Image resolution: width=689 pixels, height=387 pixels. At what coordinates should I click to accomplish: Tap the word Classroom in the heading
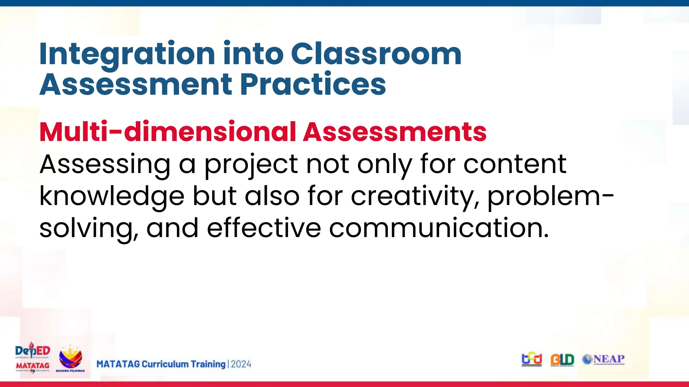point(376,54)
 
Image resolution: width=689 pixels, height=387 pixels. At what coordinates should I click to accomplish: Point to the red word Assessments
point(395,132)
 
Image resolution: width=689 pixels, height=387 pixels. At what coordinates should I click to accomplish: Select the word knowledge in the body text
point(112,197)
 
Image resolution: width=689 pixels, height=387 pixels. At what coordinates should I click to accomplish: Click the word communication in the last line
point(439,228)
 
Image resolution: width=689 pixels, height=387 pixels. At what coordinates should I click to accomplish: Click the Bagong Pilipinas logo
point(70,359)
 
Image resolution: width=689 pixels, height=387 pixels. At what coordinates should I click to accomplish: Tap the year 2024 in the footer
point(241,364)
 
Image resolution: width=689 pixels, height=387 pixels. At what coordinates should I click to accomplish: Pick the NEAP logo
point(604,359)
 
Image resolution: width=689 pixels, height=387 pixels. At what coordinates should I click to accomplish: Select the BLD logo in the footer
point(562,360)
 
